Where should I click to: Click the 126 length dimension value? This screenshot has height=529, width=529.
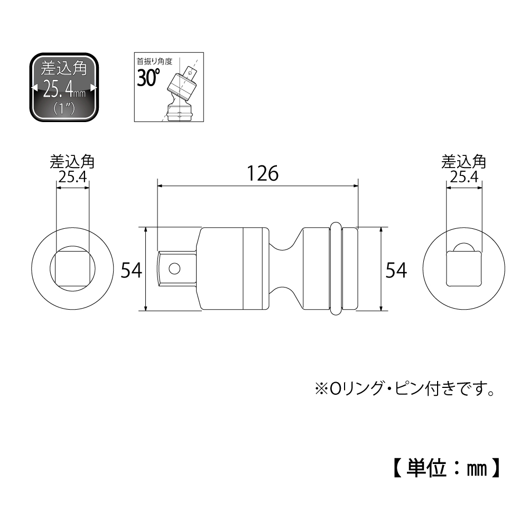pos(263,173)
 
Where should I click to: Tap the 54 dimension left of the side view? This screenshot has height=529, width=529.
pos(132,270)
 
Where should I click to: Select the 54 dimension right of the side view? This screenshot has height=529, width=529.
pos(396,270)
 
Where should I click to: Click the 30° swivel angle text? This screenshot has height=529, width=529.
pos(148,77)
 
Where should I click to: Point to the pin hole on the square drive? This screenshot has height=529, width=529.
pos(174,268)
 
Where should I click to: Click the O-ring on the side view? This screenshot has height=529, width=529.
pos(336,268)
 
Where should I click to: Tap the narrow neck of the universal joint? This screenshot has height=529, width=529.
pos(286,268)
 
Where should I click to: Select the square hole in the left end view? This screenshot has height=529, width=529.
pos(72,268)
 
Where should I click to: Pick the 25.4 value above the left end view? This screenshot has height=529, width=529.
pos(73,177)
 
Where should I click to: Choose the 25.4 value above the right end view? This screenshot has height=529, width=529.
pos(464,177)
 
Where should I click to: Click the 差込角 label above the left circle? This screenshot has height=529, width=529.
pos(72,162)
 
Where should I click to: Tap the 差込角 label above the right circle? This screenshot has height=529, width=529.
pos(464,162)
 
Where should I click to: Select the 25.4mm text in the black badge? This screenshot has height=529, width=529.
pos(64,89)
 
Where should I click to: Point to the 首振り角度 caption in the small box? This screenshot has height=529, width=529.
pos(154,61)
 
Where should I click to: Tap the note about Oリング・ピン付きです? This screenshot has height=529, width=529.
pos(405,388)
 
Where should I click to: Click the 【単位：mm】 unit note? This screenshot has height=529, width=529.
pos(447,468)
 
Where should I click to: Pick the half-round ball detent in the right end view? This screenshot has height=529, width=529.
pos(464,247)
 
